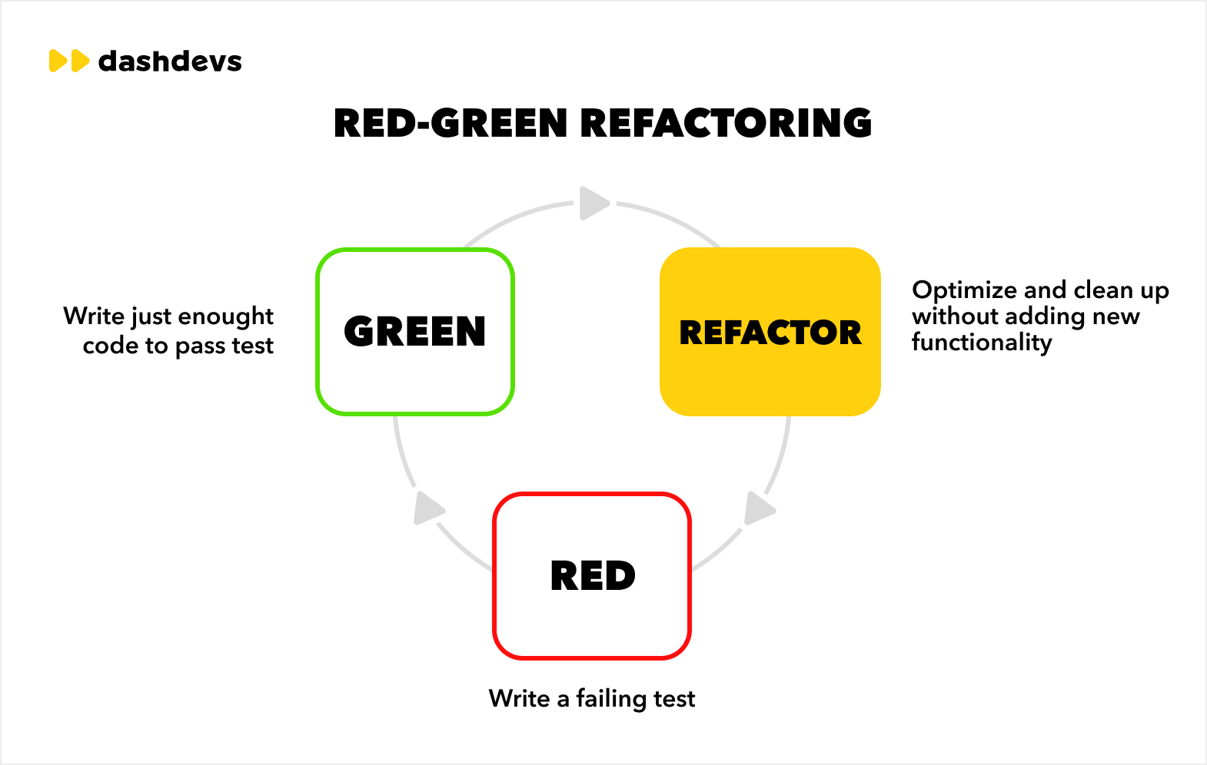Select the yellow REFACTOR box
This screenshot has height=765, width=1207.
pos(770,332)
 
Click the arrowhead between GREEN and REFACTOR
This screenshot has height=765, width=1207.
pos(594,204)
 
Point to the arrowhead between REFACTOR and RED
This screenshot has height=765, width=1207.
pos(759,508)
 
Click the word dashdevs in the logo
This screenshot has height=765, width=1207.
pos(170,61)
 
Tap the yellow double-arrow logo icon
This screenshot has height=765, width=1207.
pos(69,61)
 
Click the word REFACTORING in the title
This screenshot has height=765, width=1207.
pos(726,123)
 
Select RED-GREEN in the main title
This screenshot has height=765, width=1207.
pos(451,123)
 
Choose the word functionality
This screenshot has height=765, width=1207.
pos(982,343)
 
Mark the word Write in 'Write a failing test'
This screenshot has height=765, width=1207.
pos(520,698)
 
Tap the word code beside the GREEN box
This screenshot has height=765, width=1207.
pos(111,346)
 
